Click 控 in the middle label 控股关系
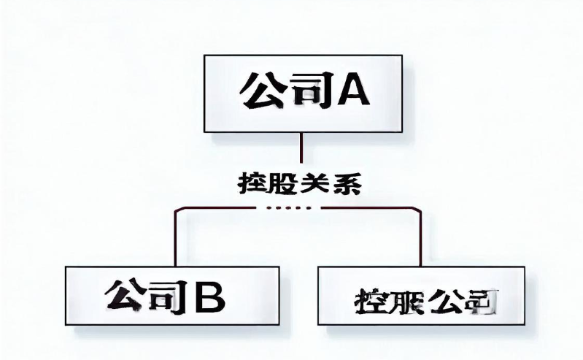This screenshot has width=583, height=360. click(250, 183)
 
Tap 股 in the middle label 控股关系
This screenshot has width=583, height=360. click(280, 183)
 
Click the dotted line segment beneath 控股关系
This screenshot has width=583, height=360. click(289, 208)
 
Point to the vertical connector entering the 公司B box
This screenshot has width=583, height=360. click(175, 241)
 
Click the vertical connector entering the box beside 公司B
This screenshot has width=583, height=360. click(421, 241)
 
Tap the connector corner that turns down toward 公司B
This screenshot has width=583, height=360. click(176, 209)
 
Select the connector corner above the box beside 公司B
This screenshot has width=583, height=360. click(420, 209)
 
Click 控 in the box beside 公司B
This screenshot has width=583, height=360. click(369, 299)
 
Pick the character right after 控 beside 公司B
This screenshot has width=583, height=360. click(404, 299)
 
